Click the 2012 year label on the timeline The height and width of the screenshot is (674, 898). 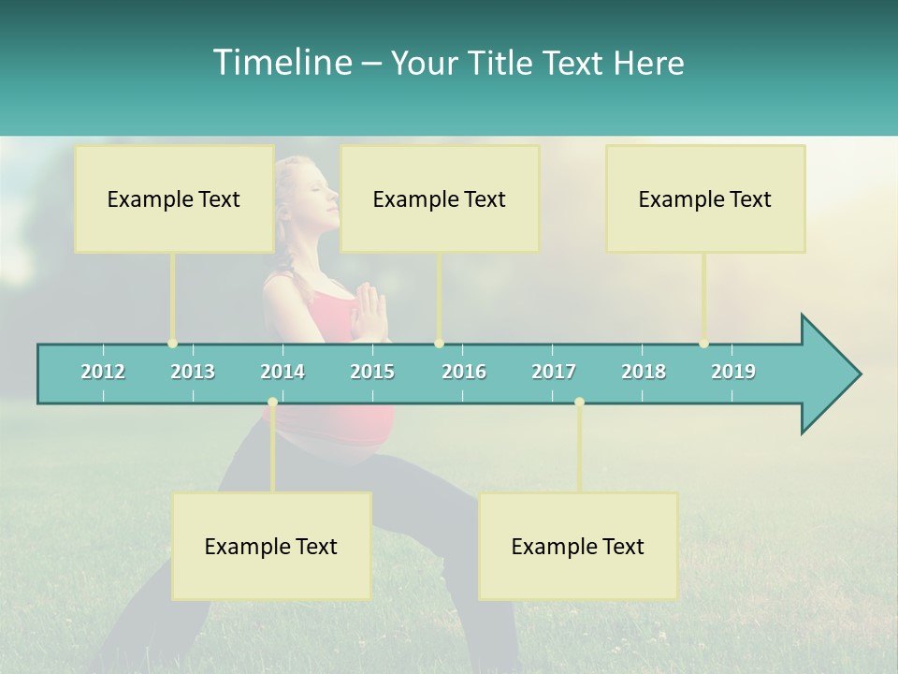[103, 372]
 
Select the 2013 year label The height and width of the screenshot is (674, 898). [193, 372]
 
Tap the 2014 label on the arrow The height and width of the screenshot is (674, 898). [282, 372]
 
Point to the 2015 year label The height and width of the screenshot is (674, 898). [372, 372]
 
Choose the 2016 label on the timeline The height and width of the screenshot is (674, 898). [464, 372]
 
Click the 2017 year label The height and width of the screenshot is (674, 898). [554, 372]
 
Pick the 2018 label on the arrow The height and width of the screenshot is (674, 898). [644, 372]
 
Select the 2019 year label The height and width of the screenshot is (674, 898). [733, 372]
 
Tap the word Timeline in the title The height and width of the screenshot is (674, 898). [280, 63]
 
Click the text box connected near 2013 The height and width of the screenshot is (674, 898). [174, 198]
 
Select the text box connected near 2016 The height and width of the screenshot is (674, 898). [440, 198]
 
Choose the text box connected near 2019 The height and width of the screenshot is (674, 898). [705, 198]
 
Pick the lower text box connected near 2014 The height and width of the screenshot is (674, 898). [271, 546]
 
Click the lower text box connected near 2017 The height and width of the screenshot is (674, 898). [578, 546]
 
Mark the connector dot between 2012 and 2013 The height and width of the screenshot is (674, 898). [172, 344]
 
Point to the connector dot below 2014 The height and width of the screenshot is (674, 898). [272, 403]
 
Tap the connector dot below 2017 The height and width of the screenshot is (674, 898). [579, 403]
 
